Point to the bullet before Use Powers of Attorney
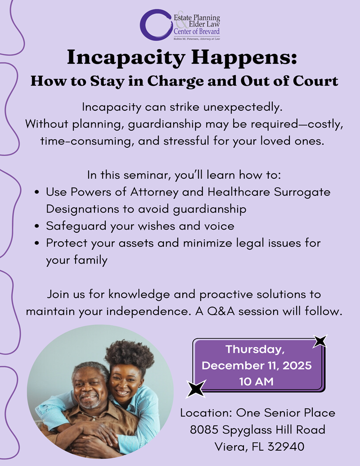[x=39, y=192]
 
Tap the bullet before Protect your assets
[x=39, y=244]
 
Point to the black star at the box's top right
[x=320, y=341]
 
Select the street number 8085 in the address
[x=205, y=430]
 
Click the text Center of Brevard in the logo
[x=197, y=32]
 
